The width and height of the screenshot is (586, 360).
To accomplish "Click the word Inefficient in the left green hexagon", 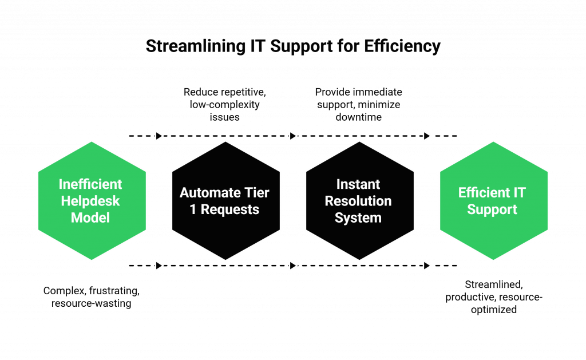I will pyautogui.click(x=90, y=184).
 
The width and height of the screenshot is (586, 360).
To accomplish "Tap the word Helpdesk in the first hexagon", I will pyautogui.click(x=90, y=201).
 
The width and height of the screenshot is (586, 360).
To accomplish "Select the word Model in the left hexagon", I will pyautogui.click(x=90, y=217).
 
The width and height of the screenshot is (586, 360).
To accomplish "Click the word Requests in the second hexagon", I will pyautogui.click(x=230, y=209).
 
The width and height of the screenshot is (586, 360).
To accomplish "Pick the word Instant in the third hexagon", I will pyautogui.click(x=358, y=184).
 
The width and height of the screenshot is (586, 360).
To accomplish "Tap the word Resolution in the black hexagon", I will pyautogui.click(x=358, y=201).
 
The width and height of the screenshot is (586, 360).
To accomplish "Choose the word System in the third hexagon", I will pyautogui.click(x=358, y=217).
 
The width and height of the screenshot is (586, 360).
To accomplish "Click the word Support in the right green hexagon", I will pyautogui.click(x=492, y=209).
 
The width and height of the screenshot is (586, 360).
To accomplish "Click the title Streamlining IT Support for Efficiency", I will pyautogui.click(x=293, y=46).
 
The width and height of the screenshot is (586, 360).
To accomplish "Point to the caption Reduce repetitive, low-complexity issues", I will pyautogui.click(x=225, y=104).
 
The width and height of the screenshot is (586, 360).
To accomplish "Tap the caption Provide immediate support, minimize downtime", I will pyautogui.click(x=359, y=104).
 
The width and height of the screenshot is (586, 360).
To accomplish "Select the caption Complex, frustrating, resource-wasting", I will pyautogui.click(x=91, y=297).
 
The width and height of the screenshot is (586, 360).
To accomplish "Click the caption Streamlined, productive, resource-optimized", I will pyautogui.click(x=493, y=297).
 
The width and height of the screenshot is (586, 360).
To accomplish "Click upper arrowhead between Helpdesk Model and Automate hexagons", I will pyautogui.click(x=159, y=136).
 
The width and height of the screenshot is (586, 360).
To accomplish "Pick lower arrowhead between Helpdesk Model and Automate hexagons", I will pyautogui.click(x=159, y=266).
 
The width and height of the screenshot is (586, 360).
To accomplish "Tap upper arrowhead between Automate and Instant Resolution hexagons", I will pyautogui.click(x=293, y=136).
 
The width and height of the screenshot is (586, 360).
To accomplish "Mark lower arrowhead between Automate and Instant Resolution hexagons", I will pyautogui.click(x=293, y=266).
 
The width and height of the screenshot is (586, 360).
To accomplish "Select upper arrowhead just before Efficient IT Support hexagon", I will pyautogui.click(x=427, y=136).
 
